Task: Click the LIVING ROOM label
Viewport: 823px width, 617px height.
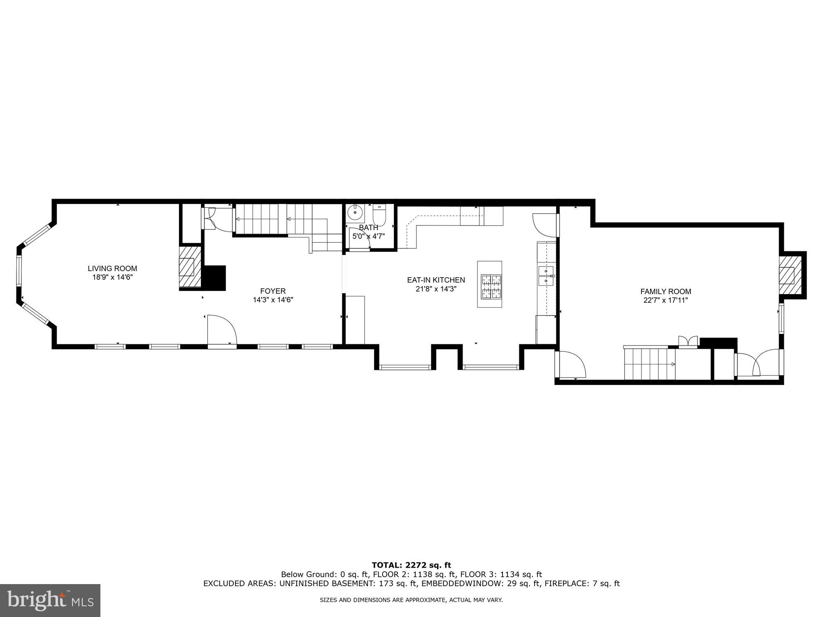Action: [x=112, y=269]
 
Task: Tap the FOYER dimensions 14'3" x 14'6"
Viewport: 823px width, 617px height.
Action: [x=273, y=300]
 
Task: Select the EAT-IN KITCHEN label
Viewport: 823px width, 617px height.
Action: [x=436, y=280]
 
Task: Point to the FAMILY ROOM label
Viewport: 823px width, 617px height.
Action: [x=665, y=292]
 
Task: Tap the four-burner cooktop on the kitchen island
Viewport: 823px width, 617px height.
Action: [x=491, y=286]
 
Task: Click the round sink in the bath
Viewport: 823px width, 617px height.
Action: [x=354, y=213]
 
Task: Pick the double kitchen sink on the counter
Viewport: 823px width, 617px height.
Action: [x=546, y=276]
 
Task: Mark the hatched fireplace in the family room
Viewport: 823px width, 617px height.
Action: [x=790, y=275]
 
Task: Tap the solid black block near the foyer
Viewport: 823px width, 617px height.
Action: [x=215, y=278]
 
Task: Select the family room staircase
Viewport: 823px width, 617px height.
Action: [x=649, y=364]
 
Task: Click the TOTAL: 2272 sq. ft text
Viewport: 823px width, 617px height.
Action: [x=411, y=565]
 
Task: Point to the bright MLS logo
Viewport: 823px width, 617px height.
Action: [x=50, y=601]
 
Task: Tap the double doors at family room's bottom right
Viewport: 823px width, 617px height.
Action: [x=759, y=363]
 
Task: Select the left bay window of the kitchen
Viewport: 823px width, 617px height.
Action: [x=405, y=367]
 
